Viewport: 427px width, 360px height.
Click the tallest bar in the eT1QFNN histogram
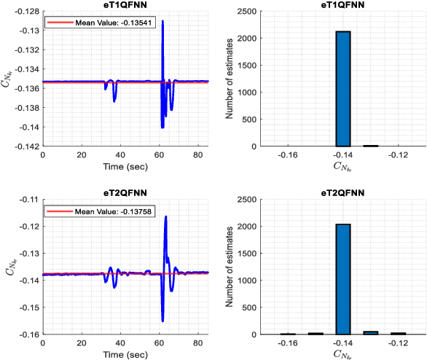[x=343, y=89]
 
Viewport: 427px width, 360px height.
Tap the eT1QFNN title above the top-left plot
[x=126, y=5]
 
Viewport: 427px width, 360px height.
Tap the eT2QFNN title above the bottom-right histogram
[x=343, y=193]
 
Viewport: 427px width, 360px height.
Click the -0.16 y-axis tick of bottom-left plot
[x=29, y=334]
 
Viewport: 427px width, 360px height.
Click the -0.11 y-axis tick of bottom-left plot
[x=29, y=199]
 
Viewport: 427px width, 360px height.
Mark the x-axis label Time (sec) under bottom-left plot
[x=126, y=355]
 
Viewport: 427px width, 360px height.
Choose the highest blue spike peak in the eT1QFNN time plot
[x=162, y=22]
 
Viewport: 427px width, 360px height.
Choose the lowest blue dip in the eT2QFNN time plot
[x=162, y=321]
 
